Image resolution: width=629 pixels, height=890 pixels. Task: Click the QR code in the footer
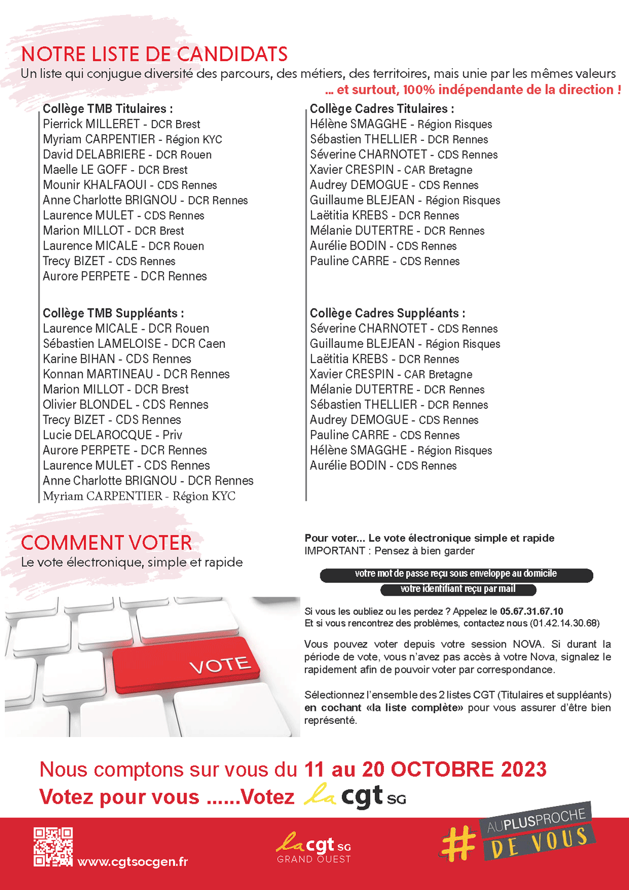point(53,846)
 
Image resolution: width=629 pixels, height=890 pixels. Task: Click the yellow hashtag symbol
point(458,843)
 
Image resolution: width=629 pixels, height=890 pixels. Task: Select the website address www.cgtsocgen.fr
point(132,862)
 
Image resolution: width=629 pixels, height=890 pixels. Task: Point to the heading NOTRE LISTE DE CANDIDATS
point(155,55)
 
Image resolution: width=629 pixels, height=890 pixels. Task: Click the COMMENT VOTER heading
point(107,543)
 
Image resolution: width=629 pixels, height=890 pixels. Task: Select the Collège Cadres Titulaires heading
point(382,109)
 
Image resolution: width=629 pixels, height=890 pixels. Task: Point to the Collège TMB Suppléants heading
point(113,313)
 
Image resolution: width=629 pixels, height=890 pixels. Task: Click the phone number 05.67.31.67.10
point(531,611)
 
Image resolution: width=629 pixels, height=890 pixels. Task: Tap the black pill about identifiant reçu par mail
point(458,589)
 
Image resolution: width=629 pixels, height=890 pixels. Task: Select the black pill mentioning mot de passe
point(456,574)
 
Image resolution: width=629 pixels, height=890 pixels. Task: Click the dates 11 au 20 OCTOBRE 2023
point(425,769)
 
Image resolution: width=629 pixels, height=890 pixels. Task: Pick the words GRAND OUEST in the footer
point(314,859)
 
